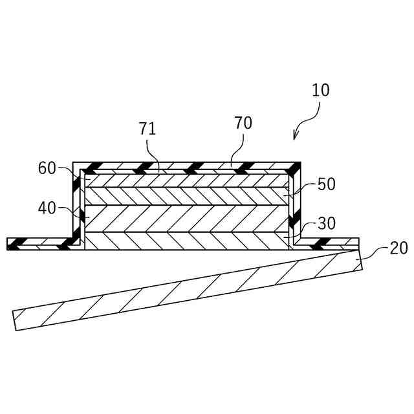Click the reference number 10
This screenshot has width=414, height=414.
(x=321, y=91)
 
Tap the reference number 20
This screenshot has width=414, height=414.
(x=399, y=248)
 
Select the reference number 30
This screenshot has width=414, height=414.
(x=327, y=224)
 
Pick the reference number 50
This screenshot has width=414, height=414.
(x=327, y=184)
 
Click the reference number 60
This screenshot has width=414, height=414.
(x=47, y=168)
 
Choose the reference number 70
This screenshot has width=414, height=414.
(x=243, y=123)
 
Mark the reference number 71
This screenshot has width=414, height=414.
(x=147, y=129)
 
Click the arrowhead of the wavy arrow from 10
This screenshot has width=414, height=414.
(x=296, y=136)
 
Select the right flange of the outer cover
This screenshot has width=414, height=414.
(x=327, y=244)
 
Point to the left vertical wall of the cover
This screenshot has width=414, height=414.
(x=76, y=204)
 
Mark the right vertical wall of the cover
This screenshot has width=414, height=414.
(x=296, y=204)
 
